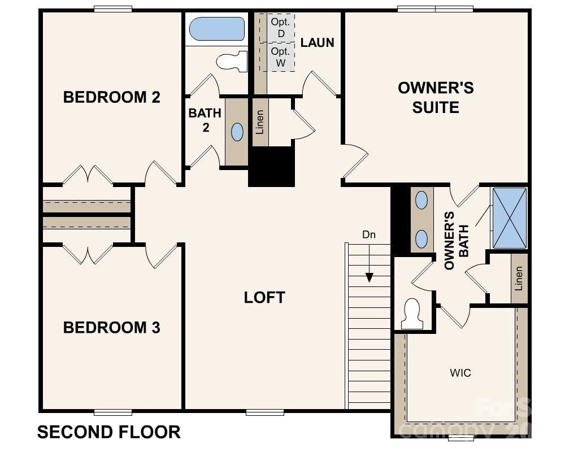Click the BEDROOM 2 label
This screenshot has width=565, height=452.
[111, 97]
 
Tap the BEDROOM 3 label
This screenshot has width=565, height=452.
[111, 328]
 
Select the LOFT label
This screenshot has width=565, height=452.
[264, 298]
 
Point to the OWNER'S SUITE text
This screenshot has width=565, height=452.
[436, 97]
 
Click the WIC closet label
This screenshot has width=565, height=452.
[460, 373]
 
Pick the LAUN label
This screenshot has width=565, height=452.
[317, 42]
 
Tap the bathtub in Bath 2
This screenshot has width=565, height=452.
[216, 29]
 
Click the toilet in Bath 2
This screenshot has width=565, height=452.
[233, 61]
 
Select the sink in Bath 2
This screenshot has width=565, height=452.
[237, 132]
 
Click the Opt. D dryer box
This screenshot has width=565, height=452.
[281, 28]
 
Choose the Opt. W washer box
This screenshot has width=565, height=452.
[281, 57]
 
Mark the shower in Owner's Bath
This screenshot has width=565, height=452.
[510, 218]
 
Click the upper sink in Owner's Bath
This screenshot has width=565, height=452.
[421, 200]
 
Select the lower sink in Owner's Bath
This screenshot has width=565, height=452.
[421, 239]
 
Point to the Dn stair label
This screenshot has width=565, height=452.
[369, 234]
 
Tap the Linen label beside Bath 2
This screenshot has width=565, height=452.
[260, 121]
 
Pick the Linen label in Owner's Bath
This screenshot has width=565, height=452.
[519, 278]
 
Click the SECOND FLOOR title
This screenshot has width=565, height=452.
[109, 432]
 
